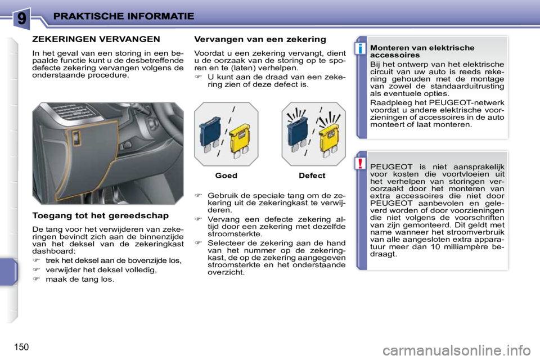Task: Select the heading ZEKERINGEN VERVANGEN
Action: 96,39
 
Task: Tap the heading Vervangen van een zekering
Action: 259,39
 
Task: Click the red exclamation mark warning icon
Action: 361,164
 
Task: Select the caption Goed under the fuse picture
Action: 226,175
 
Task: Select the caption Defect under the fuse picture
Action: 312,175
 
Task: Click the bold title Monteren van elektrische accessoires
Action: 422,52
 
